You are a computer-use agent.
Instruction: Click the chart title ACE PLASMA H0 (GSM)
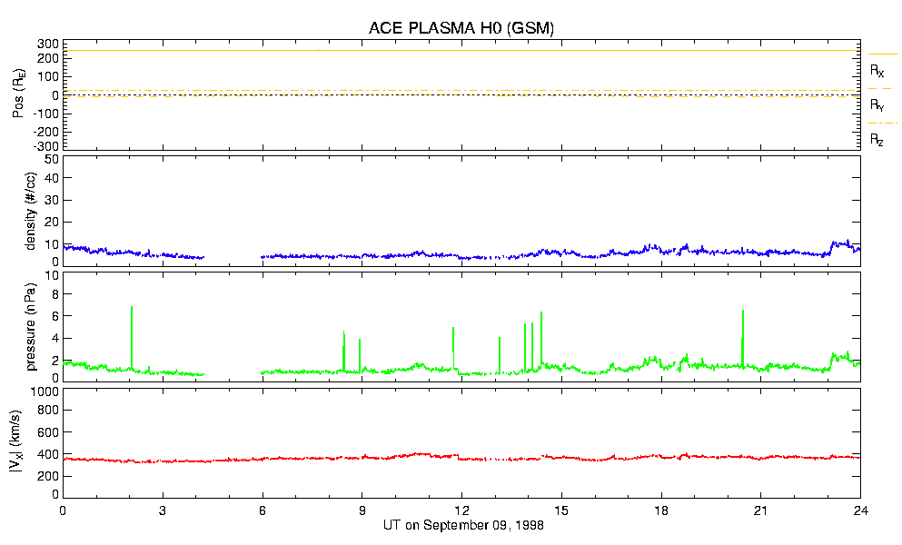point(461,28)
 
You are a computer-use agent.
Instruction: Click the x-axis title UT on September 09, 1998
point(461,525)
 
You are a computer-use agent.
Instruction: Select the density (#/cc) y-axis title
point(32,212)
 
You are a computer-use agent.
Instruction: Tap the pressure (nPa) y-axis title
point(32,324)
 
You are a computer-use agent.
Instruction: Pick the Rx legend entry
point(877,70)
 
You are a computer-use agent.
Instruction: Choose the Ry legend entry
point(877,105)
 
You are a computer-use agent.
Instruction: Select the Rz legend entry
point(877,140)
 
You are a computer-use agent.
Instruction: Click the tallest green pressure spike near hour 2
point(132,309)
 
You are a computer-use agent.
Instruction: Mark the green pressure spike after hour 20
point(743,313)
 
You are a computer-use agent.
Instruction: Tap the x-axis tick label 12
point(461,510)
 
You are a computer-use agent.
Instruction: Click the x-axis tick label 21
point(761,510)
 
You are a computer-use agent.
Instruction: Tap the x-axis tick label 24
point(860,510)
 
